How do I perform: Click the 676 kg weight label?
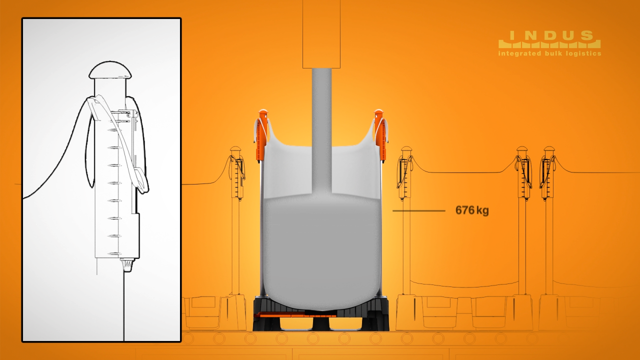point(472,210)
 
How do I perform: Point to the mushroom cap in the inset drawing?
point(110,70)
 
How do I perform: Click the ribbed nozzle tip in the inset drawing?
point(127,265)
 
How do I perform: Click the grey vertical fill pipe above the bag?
point(321,128)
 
